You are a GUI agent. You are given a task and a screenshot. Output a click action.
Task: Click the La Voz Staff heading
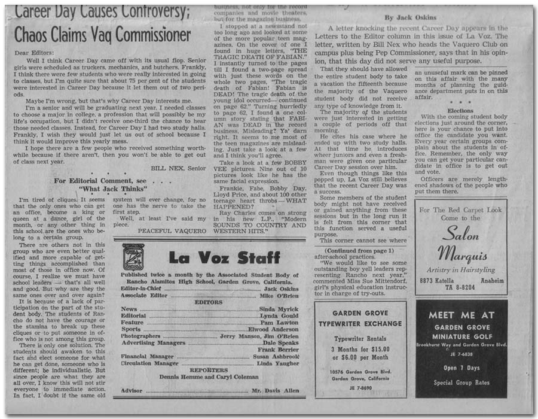point(224,257)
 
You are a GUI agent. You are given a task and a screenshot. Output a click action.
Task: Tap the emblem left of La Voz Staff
point(133,256)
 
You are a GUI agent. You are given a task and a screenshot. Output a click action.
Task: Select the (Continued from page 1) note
point(358,250)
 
